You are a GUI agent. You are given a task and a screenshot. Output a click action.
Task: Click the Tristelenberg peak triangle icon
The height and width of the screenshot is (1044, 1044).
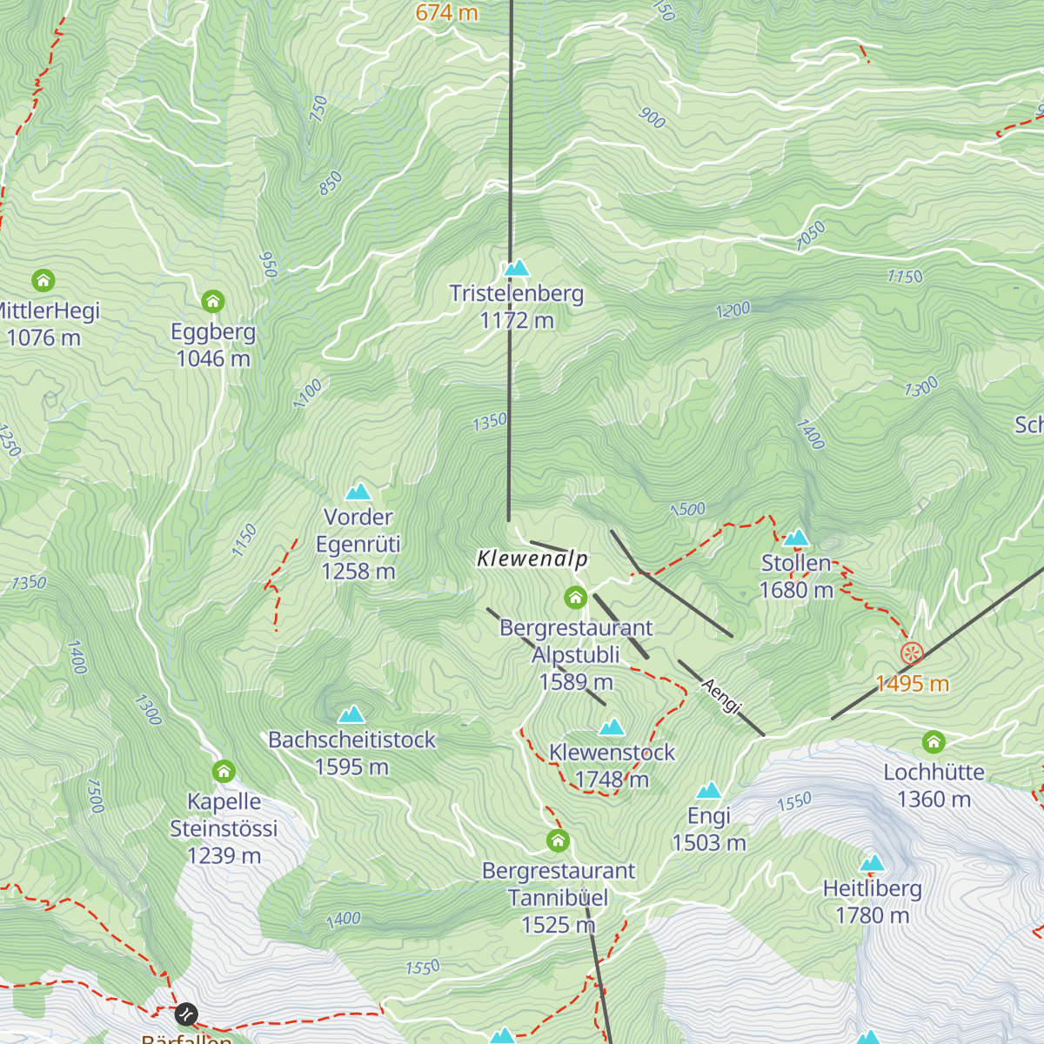517,267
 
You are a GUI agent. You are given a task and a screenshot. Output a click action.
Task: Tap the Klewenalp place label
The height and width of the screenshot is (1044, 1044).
532,559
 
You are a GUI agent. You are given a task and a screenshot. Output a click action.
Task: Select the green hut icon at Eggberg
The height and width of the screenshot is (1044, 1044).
213,302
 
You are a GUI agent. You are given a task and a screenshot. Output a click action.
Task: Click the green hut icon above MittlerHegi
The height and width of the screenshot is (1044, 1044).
43,281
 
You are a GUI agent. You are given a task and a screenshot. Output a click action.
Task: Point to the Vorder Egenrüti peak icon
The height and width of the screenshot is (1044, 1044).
358,492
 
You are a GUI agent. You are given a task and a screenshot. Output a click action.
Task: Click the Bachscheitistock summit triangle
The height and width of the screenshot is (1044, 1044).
351,715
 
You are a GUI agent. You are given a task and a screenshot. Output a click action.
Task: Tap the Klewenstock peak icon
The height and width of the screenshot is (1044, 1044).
612,726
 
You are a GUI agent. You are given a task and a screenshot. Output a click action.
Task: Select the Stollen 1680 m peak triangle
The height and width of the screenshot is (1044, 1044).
796,538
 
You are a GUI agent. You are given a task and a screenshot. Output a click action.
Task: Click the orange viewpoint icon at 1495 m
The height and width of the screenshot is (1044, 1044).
912,653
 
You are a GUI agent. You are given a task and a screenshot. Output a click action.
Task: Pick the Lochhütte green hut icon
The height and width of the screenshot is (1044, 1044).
934,742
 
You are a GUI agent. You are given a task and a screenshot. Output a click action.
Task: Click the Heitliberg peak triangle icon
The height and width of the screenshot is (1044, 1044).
872,863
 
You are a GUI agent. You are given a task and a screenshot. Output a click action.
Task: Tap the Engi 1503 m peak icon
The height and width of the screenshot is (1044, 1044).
709,791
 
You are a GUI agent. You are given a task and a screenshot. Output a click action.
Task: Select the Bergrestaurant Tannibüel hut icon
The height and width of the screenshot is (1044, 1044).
559,841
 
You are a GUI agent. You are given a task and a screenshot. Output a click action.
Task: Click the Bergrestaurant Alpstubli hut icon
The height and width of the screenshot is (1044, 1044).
575,598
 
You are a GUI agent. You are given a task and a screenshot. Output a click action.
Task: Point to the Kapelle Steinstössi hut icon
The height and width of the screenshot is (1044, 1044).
224,772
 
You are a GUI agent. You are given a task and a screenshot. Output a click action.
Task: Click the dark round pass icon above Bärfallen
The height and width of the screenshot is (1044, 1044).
186,1014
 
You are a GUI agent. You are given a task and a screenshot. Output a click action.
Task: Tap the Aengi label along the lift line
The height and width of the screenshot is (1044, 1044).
720,696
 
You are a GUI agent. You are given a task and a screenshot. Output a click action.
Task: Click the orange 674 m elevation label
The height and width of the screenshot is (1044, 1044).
446,12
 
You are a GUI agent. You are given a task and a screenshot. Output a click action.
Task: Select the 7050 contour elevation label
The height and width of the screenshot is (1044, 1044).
810,236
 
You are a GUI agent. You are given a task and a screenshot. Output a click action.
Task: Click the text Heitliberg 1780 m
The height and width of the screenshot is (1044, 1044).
872,902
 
